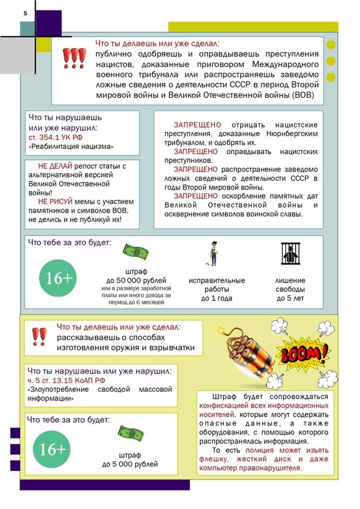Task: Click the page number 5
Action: click(25, 14)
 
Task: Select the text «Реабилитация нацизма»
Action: click(71, 147)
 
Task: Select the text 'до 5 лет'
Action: click(290, 298)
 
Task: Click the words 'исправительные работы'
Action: click(217, 285)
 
